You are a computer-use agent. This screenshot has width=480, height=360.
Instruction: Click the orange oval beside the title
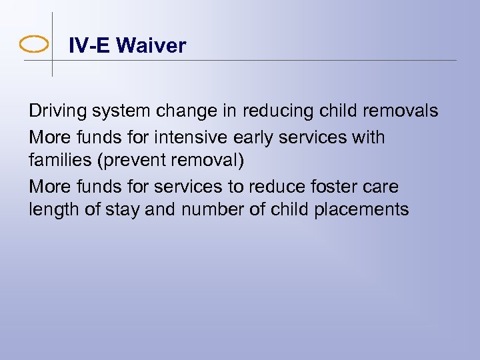(x=34, y=45)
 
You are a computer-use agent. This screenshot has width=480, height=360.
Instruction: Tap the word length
(x=51, y=211)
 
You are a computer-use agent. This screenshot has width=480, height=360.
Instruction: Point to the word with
(x=369, y=137)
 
